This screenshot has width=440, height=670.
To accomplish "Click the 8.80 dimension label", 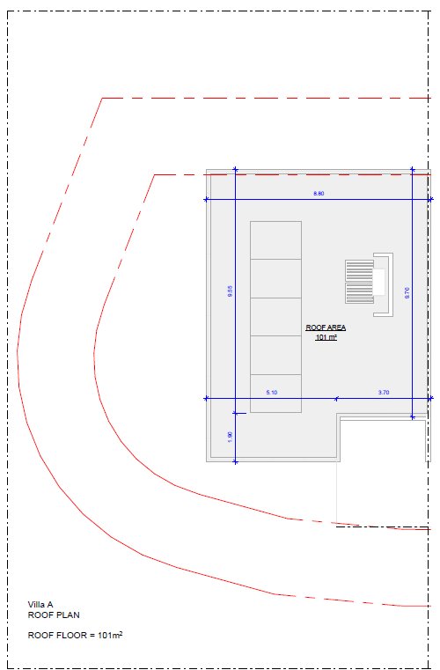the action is [319, 194].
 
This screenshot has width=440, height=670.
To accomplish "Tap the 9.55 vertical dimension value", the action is [231, 291].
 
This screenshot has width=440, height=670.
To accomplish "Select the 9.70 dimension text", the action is [407, 292].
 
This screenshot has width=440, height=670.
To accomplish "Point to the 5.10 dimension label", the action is [272, 393].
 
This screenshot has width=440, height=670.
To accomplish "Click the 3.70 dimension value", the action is [384, 393].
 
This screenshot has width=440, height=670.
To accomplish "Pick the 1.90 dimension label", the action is [231, 437].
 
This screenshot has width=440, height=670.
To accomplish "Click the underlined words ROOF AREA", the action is [326, 328].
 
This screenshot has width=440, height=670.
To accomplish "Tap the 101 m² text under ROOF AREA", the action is [326, 337].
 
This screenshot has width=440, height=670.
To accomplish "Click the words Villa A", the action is [40, 605].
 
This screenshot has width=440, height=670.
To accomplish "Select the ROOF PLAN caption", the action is [54, 615].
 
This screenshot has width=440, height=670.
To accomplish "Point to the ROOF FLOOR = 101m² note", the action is [75, 636].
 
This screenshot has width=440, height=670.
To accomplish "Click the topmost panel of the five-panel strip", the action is [276, 240].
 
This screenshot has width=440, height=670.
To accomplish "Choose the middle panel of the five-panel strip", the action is [276, 317].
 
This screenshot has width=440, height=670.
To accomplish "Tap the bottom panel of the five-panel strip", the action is [276, 394].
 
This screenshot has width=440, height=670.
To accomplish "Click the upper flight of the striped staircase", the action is [360, 270].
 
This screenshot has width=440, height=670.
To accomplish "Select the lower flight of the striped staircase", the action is [360, 292].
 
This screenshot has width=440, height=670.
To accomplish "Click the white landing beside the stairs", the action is [379, 282].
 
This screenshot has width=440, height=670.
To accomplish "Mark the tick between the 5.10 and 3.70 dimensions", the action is [337, 399].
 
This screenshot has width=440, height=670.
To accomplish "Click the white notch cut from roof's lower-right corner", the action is [383, 441].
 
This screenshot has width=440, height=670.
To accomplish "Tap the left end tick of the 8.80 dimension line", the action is [206, 200].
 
